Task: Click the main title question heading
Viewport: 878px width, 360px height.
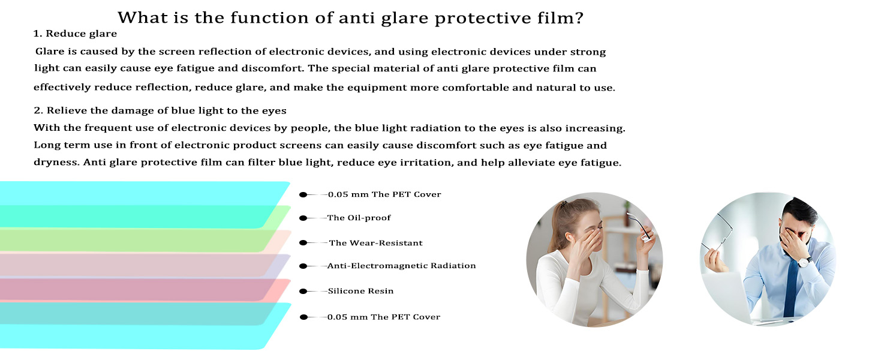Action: [350, 18]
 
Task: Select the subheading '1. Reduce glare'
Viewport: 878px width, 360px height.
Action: [75, 34]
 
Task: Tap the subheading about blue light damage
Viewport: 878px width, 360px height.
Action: [160, 110]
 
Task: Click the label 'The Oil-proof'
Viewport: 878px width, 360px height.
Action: [359, 218]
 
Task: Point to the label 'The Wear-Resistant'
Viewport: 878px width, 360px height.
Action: [375, 243]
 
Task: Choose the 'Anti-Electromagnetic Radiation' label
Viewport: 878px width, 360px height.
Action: [401, 266]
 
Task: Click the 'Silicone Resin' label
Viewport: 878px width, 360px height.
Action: [360, 291]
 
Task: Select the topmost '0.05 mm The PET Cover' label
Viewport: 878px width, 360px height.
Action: [384, 194]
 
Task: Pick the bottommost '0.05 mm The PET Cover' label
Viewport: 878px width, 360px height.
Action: [384, 317]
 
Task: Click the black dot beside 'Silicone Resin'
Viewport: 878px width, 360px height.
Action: [303, 292]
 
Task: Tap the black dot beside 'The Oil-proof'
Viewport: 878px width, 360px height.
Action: [303, 218]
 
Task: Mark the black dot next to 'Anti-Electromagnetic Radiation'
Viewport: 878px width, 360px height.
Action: [303, 266]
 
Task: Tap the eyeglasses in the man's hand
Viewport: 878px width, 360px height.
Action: [718, 232]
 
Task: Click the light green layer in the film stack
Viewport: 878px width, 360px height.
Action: [137, 240]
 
